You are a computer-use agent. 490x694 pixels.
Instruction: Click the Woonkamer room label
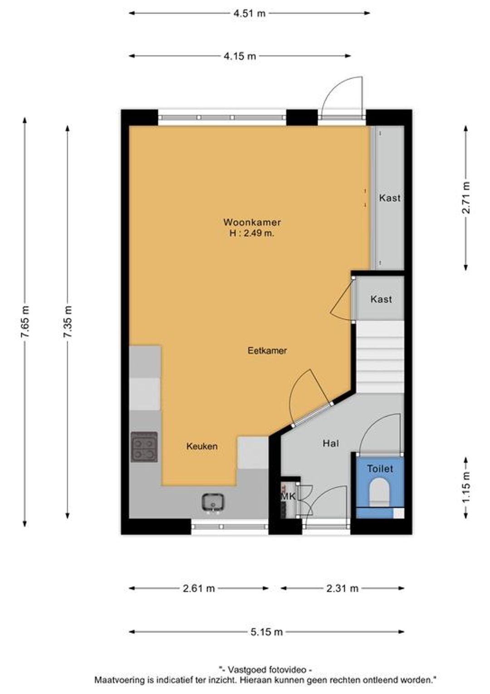(x=252, y=222)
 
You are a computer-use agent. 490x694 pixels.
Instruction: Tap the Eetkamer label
(x=267, y=351)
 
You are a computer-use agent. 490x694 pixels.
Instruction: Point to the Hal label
(x=331, y=443)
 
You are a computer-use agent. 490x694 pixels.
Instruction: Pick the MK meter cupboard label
(x=288, y=496)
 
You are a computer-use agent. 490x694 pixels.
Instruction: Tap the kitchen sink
(x=214, y=502)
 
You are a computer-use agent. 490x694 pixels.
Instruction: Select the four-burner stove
(x=144, y=447)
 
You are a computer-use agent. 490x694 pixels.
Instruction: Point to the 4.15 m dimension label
(x=240, y=56)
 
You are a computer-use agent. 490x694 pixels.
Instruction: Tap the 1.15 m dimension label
(x=466, y=487)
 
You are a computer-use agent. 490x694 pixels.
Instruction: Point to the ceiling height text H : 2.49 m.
(x=252, y=233)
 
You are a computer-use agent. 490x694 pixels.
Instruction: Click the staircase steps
(x=381, y=357)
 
